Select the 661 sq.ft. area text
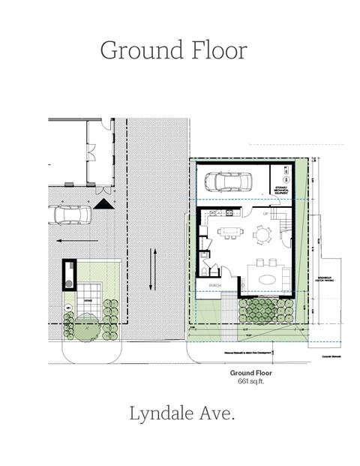click(x=250, y=380)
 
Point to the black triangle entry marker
click(x=103, y=203)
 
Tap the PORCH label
click(x=213, y=285)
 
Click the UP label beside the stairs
click(x=265, y=213)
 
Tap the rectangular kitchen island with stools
click(x=230, y=231)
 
